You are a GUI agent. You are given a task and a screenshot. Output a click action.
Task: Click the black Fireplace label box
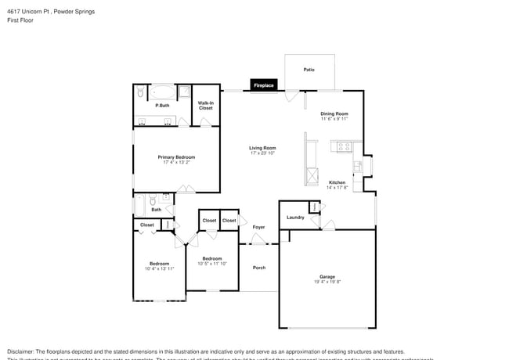263,85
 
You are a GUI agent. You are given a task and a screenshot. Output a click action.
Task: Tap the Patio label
309,70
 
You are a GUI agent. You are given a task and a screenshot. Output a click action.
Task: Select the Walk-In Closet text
205,105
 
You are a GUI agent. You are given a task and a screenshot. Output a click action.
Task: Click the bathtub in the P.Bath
163,91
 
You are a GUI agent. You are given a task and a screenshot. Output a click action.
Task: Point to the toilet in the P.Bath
140,93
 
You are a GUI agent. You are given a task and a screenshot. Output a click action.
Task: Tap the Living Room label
262,148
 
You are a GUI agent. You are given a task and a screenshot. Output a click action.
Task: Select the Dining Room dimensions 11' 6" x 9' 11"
334,119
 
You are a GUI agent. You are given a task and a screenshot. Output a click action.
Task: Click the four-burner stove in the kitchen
342,146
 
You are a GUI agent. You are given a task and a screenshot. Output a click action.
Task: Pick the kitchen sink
357,166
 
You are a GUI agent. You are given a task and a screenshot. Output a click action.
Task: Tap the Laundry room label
295,218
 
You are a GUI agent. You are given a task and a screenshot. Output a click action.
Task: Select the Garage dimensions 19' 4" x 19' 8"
327,282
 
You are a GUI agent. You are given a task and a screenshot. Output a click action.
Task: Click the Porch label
258,268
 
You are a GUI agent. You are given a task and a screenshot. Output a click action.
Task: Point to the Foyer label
258,227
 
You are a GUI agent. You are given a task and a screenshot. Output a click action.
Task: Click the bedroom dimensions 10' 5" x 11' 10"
212,264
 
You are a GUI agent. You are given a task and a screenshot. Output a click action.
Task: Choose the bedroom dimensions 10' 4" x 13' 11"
159,268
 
